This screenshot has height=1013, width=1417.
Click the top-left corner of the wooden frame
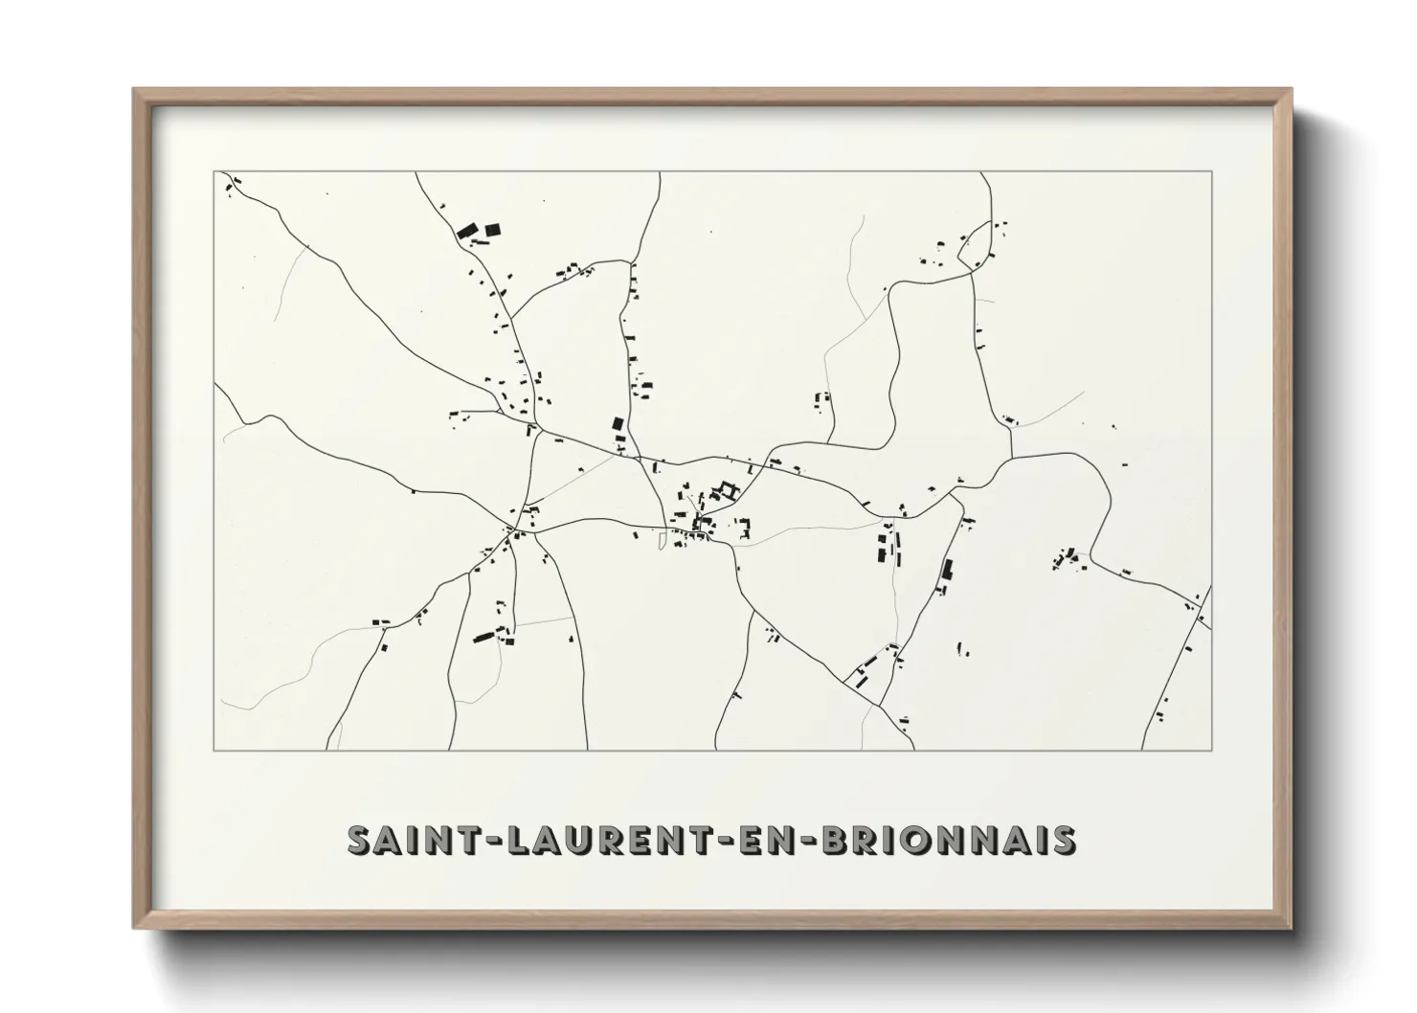pyautogui.click(x=134, y=90)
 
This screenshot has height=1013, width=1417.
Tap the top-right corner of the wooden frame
pyautogui.click(x=1293, y=90)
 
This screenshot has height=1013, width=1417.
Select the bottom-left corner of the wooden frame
pyautogui.click(x=134, y=929)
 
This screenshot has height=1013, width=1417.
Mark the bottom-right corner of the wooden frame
pyautogui.click(x=1293, y=929)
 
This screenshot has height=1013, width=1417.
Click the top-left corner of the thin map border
pyautogui.click(x=214, y=171)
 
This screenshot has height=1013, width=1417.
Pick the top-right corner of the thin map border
pyautogui.click(x=1212, y=171)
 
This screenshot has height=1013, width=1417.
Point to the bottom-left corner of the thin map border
pyautogui.click(x=214, y=750)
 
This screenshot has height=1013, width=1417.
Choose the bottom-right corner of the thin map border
pyautogui.click(x=1212, y=750)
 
